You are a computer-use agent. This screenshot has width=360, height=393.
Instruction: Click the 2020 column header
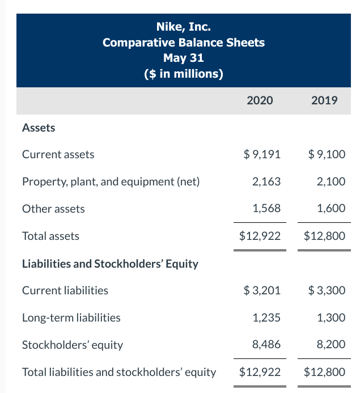coord(260,100)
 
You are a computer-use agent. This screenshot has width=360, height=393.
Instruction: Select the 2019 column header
coord(324,100)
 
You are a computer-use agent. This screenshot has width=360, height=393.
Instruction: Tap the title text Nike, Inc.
coord(183,27)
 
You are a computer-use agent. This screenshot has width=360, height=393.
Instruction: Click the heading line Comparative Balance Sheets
coord(183,43)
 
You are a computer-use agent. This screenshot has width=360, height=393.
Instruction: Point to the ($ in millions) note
coord(183,74)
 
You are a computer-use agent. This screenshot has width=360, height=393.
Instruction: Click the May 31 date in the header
coord(183,58)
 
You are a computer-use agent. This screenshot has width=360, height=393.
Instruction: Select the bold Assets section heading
coord(39,128)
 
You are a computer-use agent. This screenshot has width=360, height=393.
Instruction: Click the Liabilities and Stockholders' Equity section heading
coord(109,264)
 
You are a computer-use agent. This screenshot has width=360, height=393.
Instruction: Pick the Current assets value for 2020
coord(261,154)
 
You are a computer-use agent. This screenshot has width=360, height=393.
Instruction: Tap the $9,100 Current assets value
coord(327,154)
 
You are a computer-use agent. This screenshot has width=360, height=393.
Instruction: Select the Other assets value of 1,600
coord(331,209)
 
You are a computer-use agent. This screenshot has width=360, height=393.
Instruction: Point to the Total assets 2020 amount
coord(260,236)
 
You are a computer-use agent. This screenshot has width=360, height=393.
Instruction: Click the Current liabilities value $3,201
coord(261,290)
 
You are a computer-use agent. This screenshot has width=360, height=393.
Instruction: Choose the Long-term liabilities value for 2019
coord(331,318)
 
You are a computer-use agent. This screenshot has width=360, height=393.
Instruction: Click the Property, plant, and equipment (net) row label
coord(111,181)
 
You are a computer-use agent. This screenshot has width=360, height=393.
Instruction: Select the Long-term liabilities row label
coord(71,318)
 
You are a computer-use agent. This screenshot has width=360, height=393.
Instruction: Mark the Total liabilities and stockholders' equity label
coord(119,372)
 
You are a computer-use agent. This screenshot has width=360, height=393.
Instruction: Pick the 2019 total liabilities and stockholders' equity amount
coord(324,372)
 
